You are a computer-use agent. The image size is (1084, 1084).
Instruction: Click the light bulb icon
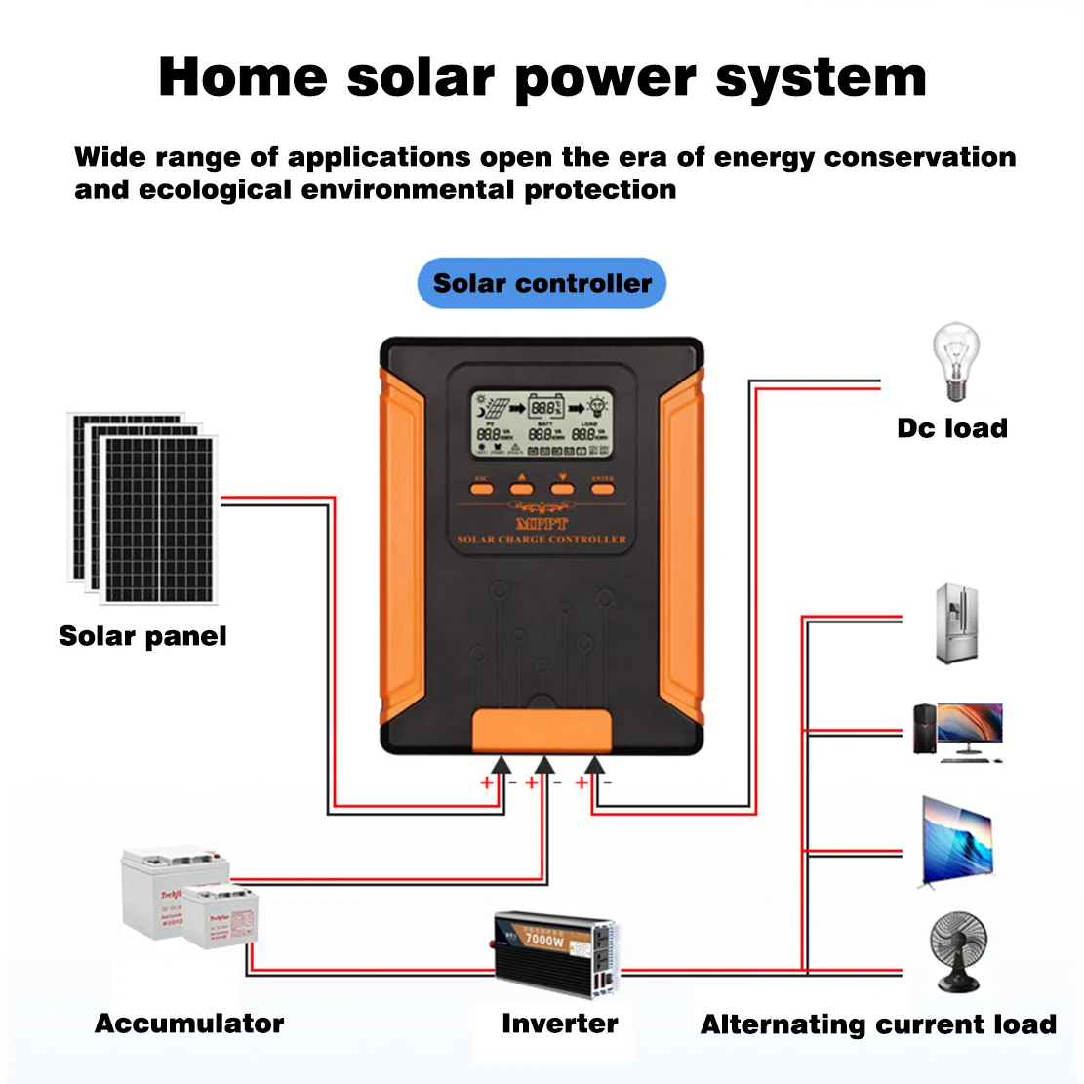pos(955,362)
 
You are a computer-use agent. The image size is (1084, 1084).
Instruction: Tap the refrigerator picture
pos(956,623)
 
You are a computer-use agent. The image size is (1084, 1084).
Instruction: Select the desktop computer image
pos(956,731)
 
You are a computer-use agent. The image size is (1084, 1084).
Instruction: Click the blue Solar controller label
pos(542,284)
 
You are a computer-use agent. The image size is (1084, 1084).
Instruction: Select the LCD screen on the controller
pos(542,424)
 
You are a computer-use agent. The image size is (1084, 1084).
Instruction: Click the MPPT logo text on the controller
pos(542,524)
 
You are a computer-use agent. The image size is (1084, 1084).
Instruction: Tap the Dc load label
pos(952,428)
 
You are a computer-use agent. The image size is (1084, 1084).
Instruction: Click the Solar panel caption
pos(142,636)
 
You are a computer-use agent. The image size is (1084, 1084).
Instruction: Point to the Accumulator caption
pos(189,1024)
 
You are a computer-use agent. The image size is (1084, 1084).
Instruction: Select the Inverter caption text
pos(559,1024)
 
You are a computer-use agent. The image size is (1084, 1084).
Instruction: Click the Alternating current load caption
pos(878,1024)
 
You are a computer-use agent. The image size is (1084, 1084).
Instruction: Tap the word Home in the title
pos(243,77)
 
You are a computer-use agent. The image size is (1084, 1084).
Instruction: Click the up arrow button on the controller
pos(521,485)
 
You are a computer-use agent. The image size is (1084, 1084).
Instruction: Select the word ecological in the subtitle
pos(215,189)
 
